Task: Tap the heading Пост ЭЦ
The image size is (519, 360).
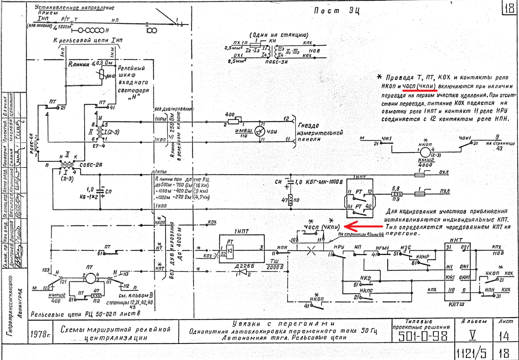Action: [x=336, y=11]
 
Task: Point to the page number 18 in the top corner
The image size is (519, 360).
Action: [x=509, y=8]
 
